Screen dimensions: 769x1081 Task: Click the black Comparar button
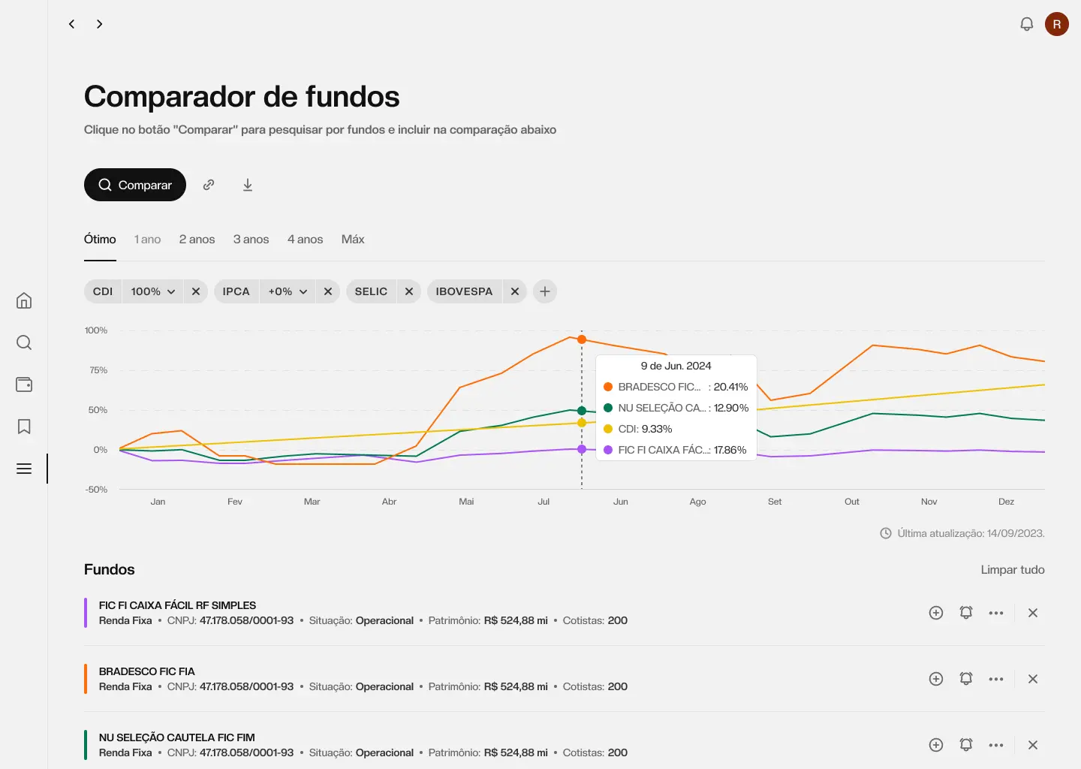pos(135,185)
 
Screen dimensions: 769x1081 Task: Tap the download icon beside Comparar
pos(248,185)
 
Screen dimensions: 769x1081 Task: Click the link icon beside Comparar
pos(209,185)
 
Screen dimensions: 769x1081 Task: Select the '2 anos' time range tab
pos(197,240)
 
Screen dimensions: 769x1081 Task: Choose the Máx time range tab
pos(353,240)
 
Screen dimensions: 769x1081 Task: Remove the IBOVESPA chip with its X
pos(515,291)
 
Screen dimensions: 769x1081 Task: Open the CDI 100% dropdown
pos(153,291)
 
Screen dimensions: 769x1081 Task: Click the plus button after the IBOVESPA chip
pos(545,291)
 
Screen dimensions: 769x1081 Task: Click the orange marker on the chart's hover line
pos(582,339)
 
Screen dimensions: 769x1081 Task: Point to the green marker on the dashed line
pos(582,411)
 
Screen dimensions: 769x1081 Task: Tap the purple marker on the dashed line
pos(582,449)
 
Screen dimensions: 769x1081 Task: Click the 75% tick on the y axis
pos(98,370)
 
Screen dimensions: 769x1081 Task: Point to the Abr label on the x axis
pos(389,502)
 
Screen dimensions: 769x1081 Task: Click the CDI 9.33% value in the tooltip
pos(646,429)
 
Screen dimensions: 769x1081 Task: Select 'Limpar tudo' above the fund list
pos(1012,570)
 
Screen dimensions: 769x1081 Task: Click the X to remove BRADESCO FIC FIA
pos(1033,679)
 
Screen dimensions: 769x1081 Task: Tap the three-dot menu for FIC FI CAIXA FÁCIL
pos(996,613)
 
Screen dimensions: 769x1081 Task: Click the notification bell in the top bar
pos(1027,24)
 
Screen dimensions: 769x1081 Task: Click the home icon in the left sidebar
pos(24,300)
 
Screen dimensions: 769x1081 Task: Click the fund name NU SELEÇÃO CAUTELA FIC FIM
pos(177,737)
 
